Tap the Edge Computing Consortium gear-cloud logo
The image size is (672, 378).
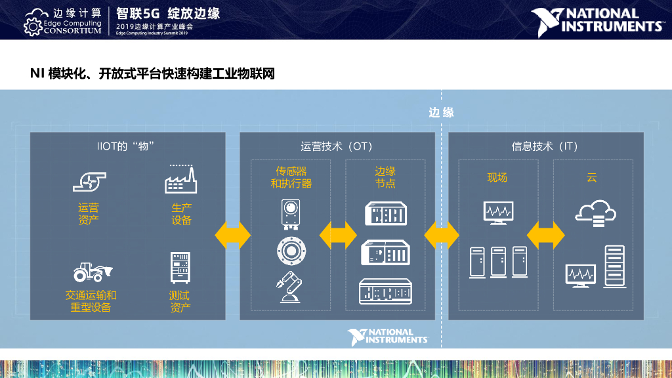pos(33,21)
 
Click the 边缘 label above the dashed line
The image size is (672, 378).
pos(441,112)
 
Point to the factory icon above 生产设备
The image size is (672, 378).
pos(181,179)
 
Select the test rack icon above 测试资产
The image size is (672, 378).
pos(180,269)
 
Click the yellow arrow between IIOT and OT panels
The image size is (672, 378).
pos(233,234)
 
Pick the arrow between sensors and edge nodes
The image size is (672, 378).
pos(338,234)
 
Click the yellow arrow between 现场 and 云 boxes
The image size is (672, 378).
pos(546,234)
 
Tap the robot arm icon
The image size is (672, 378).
pos(291,287)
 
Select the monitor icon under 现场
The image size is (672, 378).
pos(498,213)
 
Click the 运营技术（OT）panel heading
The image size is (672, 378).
pos(337,146)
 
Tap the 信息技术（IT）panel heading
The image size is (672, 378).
pos(545,146)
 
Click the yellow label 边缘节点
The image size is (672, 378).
pos(385,177)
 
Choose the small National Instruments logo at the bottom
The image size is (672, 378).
pos(388,337)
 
